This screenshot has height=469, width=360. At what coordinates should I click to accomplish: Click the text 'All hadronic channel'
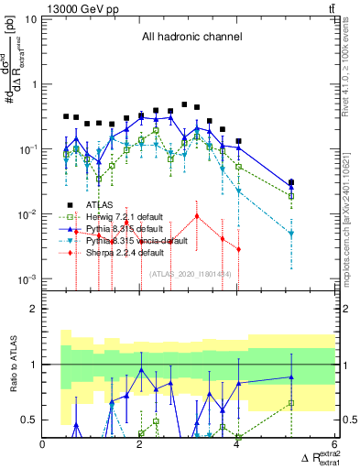pos(191,38)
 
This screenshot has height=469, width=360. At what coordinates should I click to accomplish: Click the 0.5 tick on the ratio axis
pos(31,420)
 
